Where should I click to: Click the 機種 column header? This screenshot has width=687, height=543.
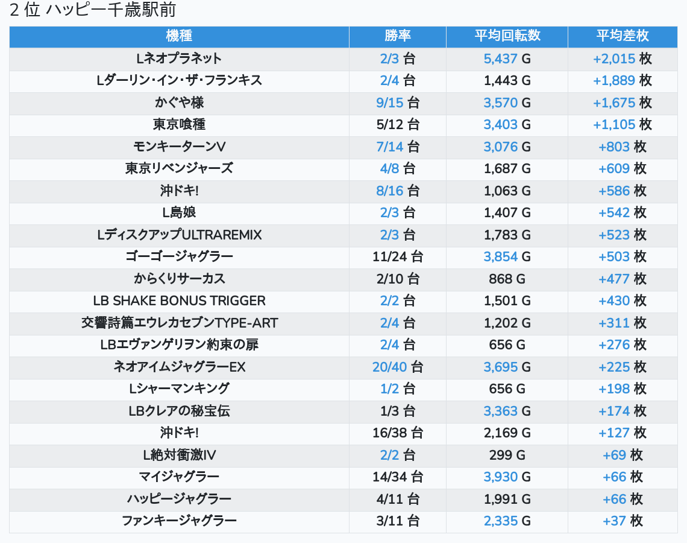[x=179, y=36]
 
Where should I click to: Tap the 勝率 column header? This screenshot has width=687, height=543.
[x=398, y=36]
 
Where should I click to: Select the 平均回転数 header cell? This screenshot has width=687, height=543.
[x=507, y=36]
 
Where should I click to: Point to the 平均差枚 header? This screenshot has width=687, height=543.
[x=623, y=36]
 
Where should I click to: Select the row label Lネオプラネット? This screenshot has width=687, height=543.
[x=179, y=59]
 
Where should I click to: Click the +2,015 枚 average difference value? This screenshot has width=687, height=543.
[x=623, y=59]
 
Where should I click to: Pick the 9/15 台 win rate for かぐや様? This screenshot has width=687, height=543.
[x=398, y=103]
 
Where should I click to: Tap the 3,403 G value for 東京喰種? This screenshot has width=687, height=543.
[x=507, y=125]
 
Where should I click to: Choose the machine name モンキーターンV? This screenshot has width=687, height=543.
[x=179, y=147]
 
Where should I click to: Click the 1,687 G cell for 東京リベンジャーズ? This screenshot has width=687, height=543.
[x=507, y=168]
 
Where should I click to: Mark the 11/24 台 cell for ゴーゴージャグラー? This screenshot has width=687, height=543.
[x=398, y=256]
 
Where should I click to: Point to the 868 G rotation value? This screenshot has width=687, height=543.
[x=507, y=279]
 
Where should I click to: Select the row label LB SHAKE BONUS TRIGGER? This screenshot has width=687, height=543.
[x=179, y=300]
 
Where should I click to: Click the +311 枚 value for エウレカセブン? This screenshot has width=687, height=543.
[x=623, y=323]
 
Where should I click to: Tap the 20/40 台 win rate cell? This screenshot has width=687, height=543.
[x=398, y=367]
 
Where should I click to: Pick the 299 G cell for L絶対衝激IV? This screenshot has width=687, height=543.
[x=507, y=455]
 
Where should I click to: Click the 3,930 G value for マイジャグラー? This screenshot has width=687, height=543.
[x=507, y=477]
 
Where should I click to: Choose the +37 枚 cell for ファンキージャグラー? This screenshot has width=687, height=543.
[x=623, y=521]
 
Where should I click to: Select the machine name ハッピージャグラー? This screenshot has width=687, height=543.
[x=179, y=499]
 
